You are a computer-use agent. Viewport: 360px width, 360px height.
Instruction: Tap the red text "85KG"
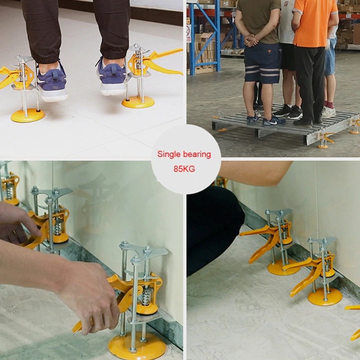[184, 169]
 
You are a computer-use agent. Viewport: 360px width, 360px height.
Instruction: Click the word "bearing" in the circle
[197, 154]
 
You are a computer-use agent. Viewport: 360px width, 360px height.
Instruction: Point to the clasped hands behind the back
[252, 40]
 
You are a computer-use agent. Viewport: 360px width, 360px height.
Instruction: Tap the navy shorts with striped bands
[262, 63]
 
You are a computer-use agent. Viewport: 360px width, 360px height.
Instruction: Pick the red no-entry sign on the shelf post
[189, 33]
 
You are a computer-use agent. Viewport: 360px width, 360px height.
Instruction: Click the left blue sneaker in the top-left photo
[52, 83]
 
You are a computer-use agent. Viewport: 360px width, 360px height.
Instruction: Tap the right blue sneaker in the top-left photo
[112, 77]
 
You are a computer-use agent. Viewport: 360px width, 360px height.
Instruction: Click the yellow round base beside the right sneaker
[138, 102]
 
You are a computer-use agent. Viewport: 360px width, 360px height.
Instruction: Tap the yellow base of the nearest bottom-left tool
[137, 346]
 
